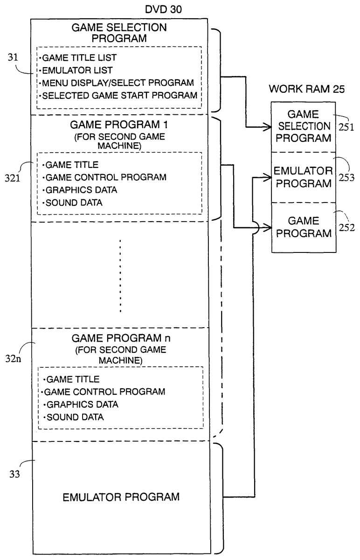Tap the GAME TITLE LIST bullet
click(x=79, y=58)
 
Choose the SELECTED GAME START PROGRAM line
click(x=119, y=96)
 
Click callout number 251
click(x=348, y=126)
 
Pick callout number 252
click(x=349, y=228)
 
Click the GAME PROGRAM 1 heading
click(x=120, y=125)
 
